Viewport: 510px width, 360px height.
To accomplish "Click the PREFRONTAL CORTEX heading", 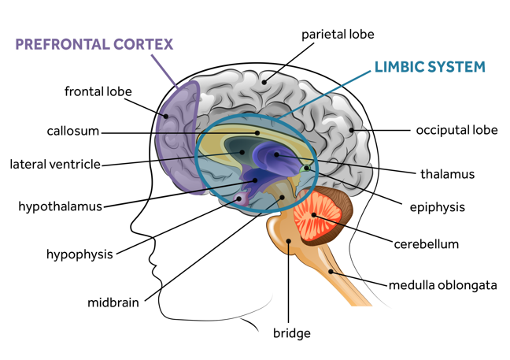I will (x=94, y=44).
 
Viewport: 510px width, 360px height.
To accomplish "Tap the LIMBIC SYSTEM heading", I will (x=429, y=66).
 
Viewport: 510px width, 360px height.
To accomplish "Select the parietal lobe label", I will (x=338, y=35).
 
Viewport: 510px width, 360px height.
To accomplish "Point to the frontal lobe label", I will (x=98, y=91).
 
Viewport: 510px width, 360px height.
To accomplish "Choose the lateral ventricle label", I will (x=55, y=165).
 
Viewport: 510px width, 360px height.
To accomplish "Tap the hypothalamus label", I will (x=61, y=207).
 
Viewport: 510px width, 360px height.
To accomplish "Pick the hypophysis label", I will (x=79, y=254).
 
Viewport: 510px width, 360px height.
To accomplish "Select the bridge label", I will (x=291, y=333).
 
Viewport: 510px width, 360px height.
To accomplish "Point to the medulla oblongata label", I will (x=442, y=285).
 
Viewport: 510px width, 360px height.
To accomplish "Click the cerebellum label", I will (x=426, y=244).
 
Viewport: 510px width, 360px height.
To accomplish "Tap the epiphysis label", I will (x=437, y=208).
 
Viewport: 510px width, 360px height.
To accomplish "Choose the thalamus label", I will (x=447, y=174).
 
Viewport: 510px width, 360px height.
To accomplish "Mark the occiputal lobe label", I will (x=456, y=130).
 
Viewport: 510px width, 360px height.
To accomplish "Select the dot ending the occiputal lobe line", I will (x=352, y=130).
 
